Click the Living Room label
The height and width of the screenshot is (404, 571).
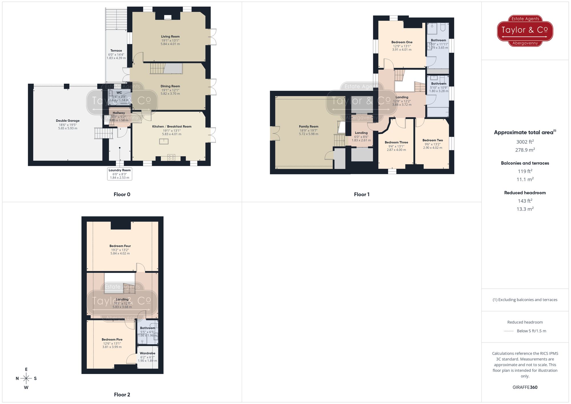click(170, 37)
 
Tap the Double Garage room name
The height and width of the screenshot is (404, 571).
click(68, 121)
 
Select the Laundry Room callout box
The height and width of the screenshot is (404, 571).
click(120, 174)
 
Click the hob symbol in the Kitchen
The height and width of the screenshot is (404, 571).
click(171, 157)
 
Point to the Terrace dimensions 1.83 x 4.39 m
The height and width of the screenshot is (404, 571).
click(116, 58)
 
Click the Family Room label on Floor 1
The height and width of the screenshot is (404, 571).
click(309, 126)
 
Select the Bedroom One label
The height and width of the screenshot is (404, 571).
click(402, 42)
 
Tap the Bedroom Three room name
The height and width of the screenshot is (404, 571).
click(396, 142)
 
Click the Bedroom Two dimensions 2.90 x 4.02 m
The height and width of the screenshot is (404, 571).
click(433, 148)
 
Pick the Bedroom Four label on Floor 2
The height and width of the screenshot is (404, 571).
click(120, 246)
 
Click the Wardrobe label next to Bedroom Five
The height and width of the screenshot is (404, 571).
click(147, 353)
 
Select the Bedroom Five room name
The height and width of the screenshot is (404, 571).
click(112, 339)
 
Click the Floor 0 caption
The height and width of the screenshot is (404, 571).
click(122, 194)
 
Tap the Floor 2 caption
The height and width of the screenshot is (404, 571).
click(122, 395)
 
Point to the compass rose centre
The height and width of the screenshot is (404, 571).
click(26, 379)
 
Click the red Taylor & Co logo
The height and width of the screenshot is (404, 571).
click(525, 31)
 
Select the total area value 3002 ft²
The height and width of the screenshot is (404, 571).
click(525, 142)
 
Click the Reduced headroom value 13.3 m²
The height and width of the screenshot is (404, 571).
click(525, 209)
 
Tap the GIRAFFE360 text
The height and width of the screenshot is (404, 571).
click(525, 387)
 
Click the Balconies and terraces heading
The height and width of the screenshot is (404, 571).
click(525, 163)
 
